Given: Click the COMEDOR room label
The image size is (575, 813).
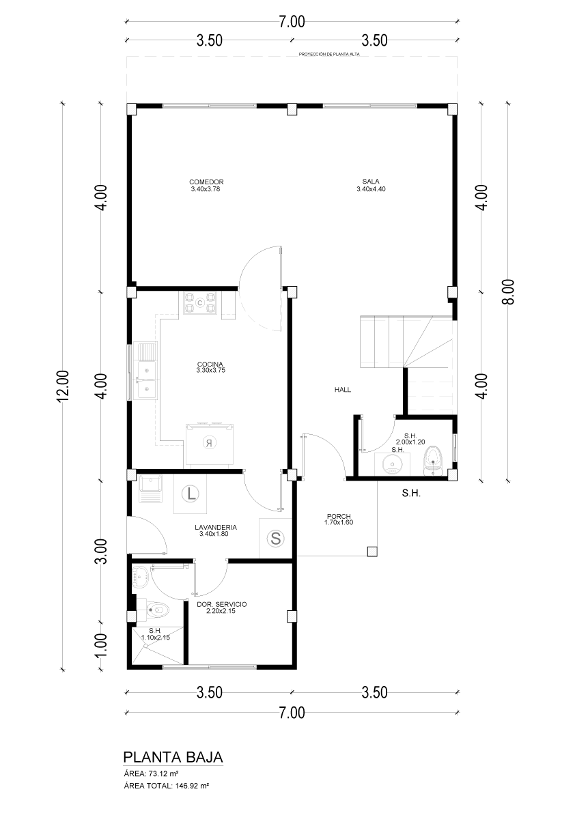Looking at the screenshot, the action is pyautogui.click(x=206, y=182).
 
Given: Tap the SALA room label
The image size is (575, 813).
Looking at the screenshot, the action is pyautogui.click(x=371, y=182).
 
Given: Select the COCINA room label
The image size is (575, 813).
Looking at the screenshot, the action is pyautogui.click(x=210, y=364).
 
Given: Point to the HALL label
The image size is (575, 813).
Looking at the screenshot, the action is pyautogui.click(x=343, y=389).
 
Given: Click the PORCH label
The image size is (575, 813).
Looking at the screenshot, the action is pyautogui.click(x=339, y=517).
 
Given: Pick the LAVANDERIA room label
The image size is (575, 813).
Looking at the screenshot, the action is pyautogui.click(x=216, y=527).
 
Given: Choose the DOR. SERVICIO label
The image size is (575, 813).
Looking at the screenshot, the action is pyautogui.click(x=222, y=605).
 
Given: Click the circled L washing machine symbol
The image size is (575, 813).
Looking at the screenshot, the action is pyautogui.click(x=191, y=493).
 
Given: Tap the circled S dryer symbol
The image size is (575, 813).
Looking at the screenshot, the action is pyautogui.click(x=276, y=539).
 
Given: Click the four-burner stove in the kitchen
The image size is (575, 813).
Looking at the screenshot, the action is pyautogui.click(x=200, y=303).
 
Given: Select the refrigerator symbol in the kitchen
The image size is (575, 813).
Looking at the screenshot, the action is pyautogui.click(x=210, y=443).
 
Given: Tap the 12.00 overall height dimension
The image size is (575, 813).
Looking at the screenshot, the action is pyautogui.click(x=63, y=386).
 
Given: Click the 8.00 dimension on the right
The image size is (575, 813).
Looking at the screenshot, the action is pyautogui.click(x=509, y=292).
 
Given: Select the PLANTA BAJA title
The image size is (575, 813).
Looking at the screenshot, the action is pyautogui.click(x=173, y=756).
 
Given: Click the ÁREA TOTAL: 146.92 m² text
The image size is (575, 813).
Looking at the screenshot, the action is pyautogui.click(x=167, y=786).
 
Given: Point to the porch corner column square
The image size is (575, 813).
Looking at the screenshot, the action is pyautogui.click(x=371, y=551).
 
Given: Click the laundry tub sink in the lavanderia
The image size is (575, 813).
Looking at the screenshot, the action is pyautogui.click(x=150, y=489).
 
